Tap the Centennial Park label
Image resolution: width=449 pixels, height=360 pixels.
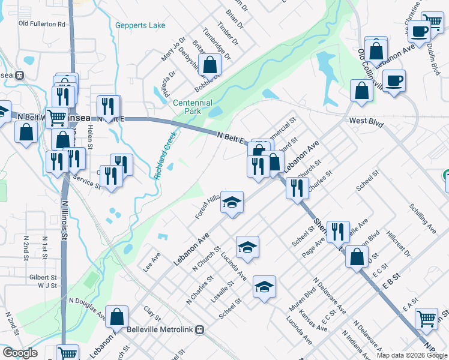pos(193,107)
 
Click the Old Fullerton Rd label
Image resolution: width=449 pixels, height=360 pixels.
pos(41,24)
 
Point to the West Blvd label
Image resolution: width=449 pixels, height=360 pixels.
pos(366,122)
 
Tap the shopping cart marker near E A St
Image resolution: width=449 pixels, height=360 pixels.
pos(426,318)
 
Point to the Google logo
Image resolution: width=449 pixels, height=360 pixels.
pos(20,353)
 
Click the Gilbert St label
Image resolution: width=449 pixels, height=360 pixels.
pos(41,278)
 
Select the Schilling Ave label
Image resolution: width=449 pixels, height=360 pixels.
pos(423,218)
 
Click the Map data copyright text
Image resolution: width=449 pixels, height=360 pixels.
pos(412,355)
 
